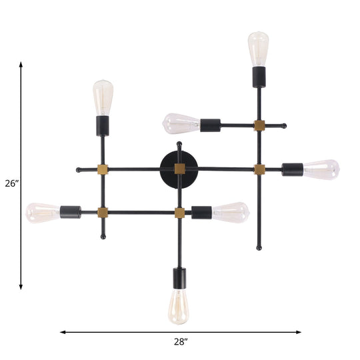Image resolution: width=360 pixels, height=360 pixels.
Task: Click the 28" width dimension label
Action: (180, 341)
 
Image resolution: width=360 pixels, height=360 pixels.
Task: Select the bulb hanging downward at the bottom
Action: (179, 305)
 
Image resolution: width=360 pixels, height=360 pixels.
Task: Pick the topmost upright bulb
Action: (257, 48)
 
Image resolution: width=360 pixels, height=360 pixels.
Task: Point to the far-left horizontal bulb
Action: (42, 213)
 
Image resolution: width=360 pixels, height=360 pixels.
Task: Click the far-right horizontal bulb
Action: (322, 169)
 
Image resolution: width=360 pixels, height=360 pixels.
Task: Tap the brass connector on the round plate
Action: (179, 169)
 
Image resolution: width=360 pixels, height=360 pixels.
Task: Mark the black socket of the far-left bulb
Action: (70, 213)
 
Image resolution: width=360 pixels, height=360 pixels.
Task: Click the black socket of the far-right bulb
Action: (293, 169)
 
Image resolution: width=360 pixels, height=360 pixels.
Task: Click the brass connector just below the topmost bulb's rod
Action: (259, 125)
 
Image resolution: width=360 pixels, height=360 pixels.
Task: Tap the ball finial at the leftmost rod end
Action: (79, 169)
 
